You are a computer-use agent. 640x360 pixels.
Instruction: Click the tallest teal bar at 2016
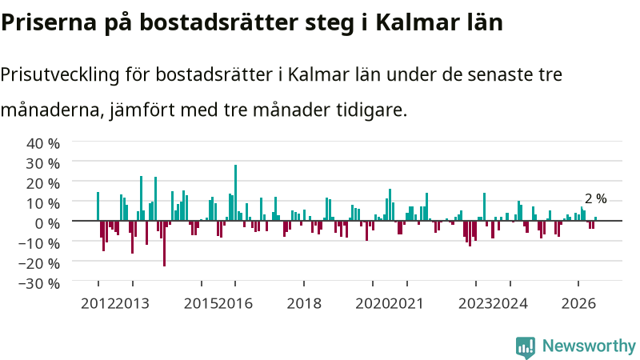(235, 193)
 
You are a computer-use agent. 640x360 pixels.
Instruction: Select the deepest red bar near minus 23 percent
(165, 243)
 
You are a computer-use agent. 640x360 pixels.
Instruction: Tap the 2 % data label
(595, 198)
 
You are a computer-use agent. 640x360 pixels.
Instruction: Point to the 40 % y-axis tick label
(43, 143)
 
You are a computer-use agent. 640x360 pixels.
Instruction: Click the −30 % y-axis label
(39, 283)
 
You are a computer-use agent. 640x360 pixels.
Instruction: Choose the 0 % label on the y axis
(47, 223)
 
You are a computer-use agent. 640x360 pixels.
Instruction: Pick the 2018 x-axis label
(304, 304)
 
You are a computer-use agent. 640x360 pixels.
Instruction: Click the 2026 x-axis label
(578, 304)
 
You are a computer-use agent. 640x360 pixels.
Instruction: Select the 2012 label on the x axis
(98, 304)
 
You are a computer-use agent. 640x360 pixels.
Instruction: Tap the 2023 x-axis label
(475, 304)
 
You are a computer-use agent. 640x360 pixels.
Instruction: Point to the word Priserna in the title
(49, 22)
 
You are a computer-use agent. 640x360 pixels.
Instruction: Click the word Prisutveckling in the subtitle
(60, 74)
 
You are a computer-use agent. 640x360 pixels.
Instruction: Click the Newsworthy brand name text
(589, 346)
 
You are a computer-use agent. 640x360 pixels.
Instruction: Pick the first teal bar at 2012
(98, 206)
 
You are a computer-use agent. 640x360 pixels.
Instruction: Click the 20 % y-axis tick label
(43, 183)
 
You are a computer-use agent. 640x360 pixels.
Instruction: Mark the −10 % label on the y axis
(39, 243)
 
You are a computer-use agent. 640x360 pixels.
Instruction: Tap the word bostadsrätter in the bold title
(219, 22)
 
